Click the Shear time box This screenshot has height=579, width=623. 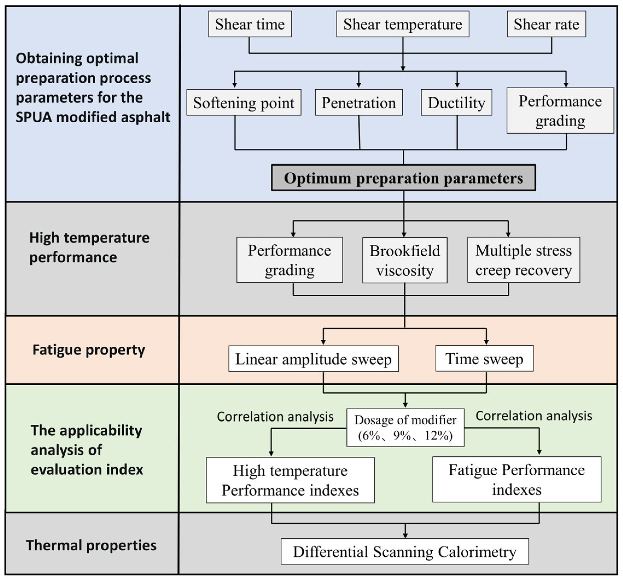(250, 24)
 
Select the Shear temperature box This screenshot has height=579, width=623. (402, 24)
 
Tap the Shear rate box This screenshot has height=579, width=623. (546, 24)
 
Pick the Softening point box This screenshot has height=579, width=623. (243, 103)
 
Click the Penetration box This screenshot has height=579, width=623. (358, 103)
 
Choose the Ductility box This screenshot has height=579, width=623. (456, 103)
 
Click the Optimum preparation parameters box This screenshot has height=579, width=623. (403, 178)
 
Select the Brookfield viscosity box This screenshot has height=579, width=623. (405, 260)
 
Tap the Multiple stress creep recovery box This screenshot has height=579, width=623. (523, 260)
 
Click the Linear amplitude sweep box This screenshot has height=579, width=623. (313, 359)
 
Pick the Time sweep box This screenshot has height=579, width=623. (484, 358)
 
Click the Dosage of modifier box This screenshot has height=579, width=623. (405, 427)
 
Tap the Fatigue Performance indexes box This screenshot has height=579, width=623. (516, 479)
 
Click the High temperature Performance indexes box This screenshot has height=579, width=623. (290, 480)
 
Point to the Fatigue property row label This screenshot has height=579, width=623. (89, 350)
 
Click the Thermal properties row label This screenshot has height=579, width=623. (91, 545)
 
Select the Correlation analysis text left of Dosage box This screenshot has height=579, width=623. (275, 417)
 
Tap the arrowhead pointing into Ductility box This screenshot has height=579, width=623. (457, 85)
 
